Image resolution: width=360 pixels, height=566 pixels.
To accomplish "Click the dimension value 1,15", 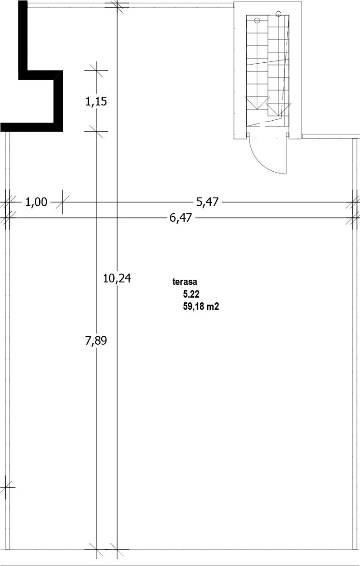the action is (96, 101).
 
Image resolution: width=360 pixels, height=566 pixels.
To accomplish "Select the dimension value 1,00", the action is (36, 202).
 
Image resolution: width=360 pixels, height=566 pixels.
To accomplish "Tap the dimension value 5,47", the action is (207, 202).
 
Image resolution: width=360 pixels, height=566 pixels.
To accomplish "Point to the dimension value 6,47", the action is (181, 217).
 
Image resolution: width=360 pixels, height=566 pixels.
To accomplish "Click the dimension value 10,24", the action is (117, 278).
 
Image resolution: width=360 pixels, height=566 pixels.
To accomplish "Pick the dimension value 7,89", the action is (96, 341).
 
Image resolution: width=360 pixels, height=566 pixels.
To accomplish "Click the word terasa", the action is (185, 282).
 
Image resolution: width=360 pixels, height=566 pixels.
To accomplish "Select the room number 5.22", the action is (191, 294).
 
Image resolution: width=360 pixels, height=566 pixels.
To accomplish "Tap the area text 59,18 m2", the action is (201, 306).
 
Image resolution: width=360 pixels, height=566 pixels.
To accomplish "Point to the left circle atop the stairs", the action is (257, 20).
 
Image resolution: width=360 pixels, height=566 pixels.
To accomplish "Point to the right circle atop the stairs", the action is (278, 14).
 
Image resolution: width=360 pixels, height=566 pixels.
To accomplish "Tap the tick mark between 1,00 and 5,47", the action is (63, 202).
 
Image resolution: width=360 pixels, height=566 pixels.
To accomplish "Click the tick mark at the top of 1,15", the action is (96, 70).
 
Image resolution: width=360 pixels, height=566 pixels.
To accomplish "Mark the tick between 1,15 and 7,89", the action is (96, 132).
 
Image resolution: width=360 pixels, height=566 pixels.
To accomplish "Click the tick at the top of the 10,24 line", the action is (117, 7).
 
